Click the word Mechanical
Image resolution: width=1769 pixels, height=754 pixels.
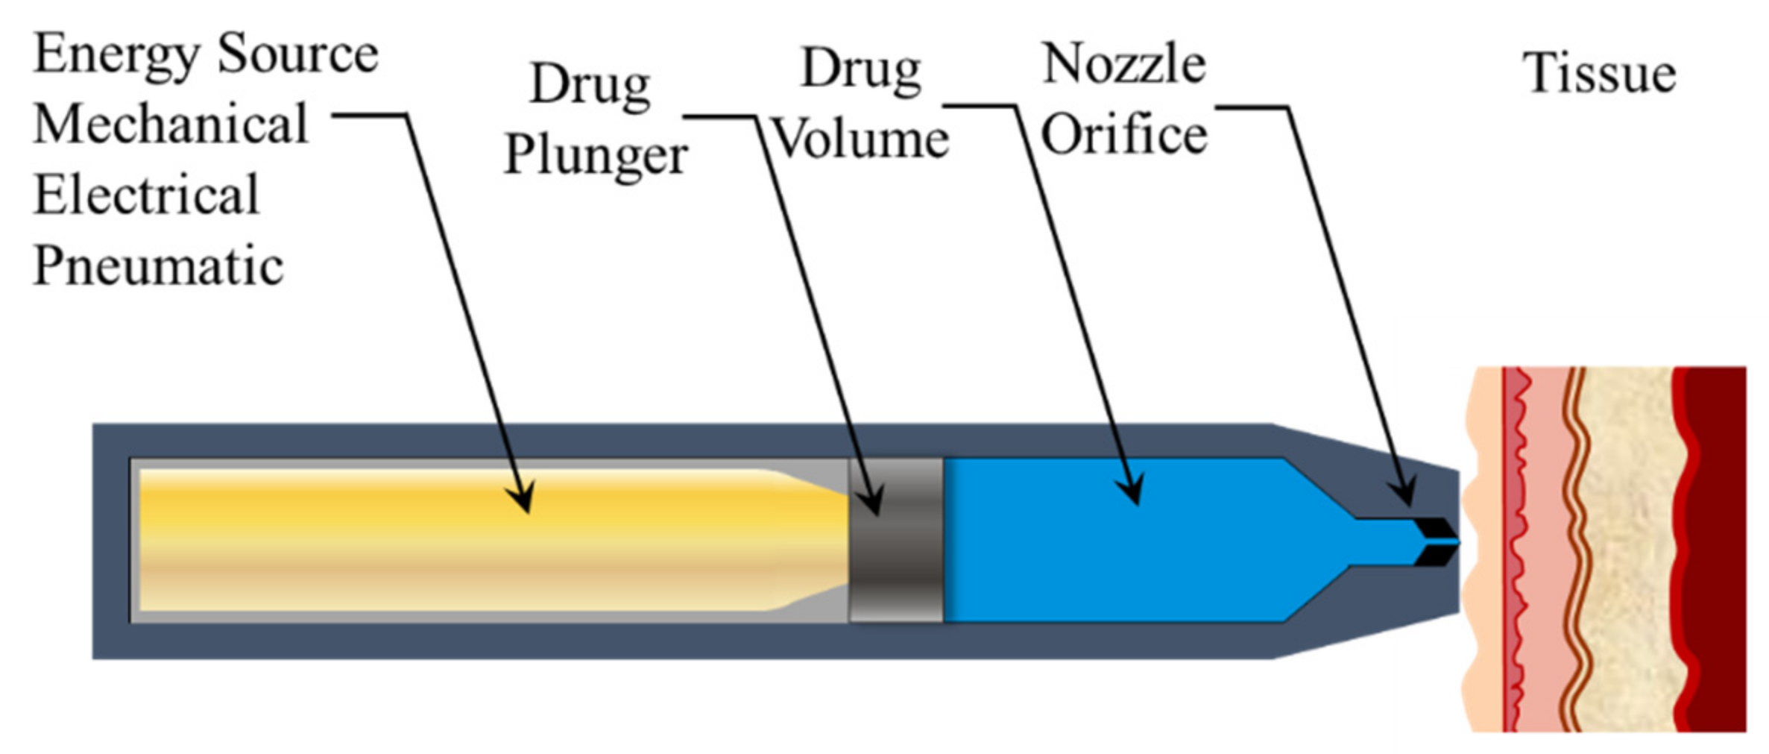[x=171, y=124]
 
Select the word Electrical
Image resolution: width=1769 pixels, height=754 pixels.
[x=147, y=195]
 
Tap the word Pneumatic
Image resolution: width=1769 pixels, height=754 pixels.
[x=159, y=266]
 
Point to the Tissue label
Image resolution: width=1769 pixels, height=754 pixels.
[x=1599, y=73]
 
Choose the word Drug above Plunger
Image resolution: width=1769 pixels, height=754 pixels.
[x=590, y=84]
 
